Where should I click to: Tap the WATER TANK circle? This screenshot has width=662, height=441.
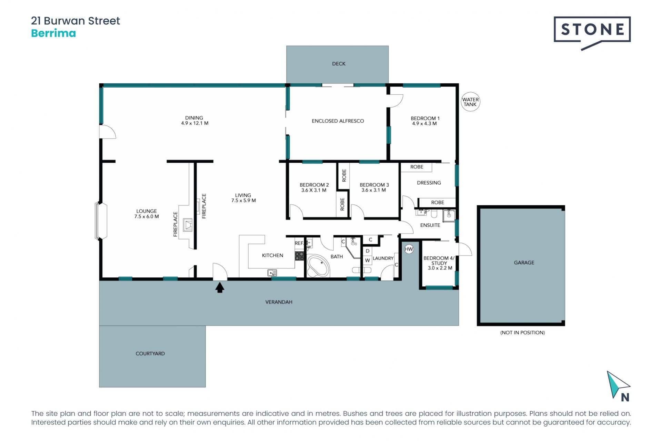tap(470, 102)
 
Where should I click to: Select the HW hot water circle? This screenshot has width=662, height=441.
tap(409, 249)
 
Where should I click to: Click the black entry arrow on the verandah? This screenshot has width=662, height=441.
tap(220, 287)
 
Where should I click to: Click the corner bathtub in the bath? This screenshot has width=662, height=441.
tap(318, 266)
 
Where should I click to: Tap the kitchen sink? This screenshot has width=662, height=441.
tap(272, 273)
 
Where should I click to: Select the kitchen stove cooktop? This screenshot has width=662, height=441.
tap(299, 256)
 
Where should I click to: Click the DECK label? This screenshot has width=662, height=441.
tap(339, 64)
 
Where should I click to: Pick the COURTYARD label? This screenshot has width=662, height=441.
tap(150, 353)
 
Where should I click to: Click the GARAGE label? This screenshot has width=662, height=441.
tap(524, 263)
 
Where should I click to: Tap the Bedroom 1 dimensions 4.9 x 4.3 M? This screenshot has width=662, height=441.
tap(424, 124)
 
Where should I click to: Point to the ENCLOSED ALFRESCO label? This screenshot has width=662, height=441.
tap(338, 121)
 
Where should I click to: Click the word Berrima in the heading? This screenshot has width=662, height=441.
tap(53, 33)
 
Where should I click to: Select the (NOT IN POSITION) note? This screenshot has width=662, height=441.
tap(522, 332)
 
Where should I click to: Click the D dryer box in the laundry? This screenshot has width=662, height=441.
tap(368, 251)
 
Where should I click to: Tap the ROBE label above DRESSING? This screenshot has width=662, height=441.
tap(417, 167)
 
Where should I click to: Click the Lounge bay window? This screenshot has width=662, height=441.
tap(101, 220)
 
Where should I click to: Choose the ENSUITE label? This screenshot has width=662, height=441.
tap(430, 225)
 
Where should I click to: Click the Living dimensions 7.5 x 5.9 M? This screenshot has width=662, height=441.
tap(243, 201)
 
